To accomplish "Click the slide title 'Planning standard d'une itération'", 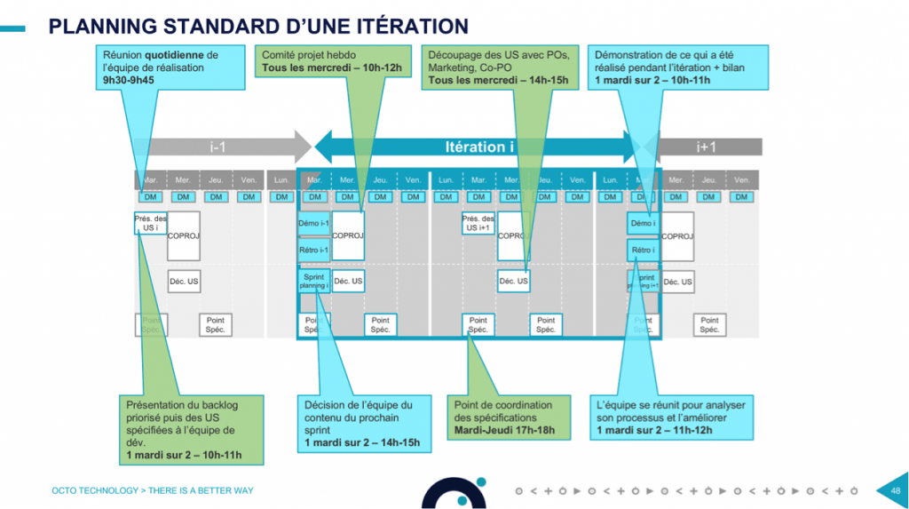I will point(258,25).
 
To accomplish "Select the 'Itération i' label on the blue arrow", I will point(480,147).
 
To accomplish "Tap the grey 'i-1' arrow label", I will point(217,147).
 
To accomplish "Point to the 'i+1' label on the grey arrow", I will point(706,147).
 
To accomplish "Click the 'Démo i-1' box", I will point(313,224).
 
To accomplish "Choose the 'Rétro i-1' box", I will point(313,250).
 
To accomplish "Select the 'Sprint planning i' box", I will point(313,282).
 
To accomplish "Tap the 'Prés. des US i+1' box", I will point(478,223).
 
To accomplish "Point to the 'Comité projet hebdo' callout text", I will point(309,55).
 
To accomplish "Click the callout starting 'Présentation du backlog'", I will point(194,429).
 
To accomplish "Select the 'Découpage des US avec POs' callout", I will point(501,67).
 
